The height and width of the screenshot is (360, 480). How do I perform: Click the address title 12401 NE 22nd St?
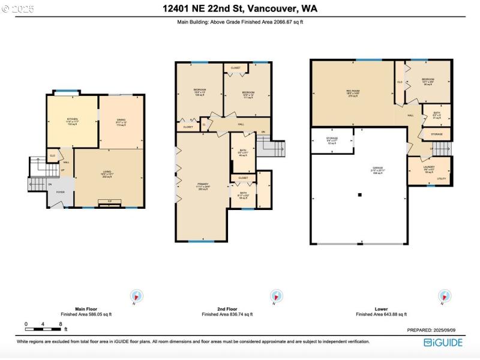click(240, 8)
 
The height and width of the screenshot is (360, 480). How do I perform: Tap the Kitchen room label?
click(73, 121)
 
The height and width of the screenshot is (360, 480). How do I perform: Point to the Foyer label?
click(61, 192)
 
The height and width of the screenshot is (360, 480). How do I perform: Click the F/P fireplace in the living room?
click(109, 202)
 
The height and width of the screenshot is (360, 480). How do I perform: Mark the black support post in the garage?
click(359, 194)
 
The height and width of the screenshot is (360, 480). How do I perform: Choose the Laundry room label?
click(429, 169)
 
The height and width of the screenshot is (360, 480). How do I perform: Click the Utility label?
click(441, 179)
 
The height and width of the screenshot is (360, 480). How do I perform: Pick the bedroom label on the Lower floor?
click(427, 80)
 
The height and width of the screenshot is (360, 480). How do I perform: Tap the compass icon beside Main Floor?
click(137, 296)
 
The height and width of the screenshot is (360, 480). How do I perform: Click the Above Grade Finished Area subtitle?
click(240, 22)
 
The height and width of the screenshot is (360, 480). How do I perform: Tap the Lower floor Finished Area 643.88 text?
click(381, 314)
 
